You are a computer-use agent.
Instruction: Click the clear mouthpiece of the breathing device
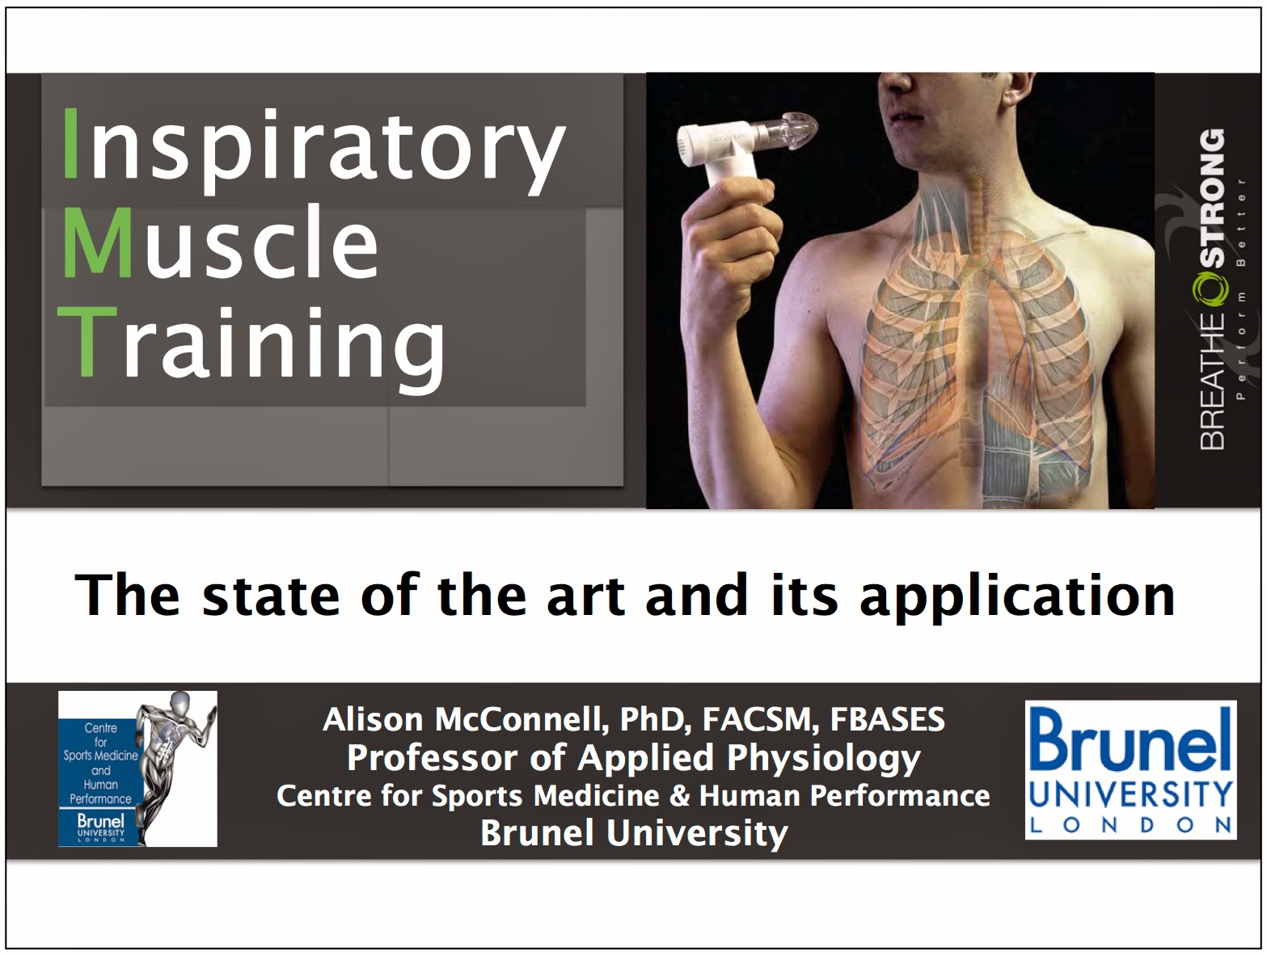tap(788, 125)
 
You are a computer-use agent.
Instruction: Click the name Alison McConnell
tap(465, 719)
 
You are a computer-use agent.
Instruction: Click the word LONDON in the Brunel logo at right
tap(1130, 825)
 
